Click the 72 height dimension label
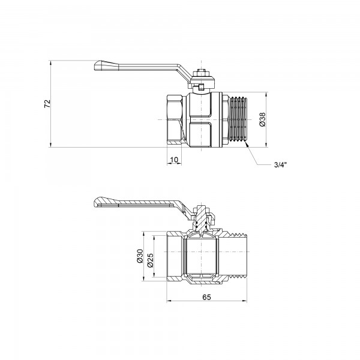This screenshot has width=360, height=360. coord(47,103)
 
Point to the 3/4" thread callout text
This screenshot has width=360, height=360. coord(281,166)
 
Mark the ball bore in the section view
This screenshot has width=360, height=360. coord(202,257)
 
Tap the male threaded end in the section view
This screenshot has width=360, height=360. coord(237,257)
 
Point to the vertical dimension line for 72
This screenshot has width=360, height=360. coord(53,103)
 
